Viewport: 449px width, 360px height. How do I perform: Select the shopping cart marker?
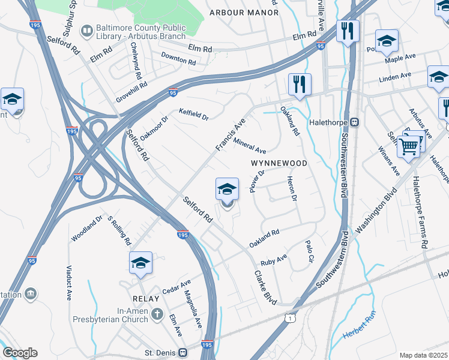click(408, 146)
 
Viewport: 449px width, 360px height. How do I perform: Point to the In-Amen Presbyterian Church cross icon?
click(157, 314)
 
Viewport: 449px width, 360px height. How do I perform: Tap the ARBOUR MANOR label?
click(244, 12)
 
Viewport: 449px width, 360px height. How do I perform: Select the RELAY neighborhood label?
click(146, 298)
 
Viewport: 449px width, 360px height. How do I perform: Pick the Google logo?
click(20, 353)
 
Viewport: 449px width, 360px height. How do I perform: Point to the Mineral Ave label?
click(250, 146)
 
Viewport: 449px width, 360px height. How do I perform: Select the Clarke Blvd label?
click(265, 287)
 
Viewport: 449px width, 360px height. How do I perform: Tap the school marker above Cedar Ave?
click(140, 262)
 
